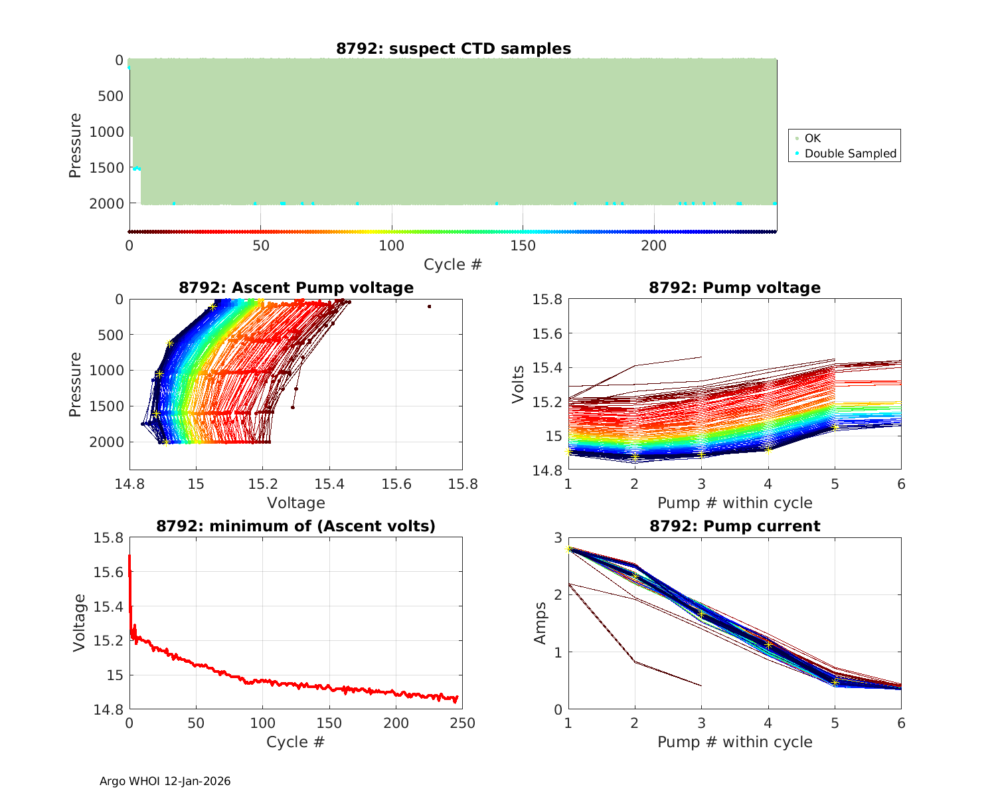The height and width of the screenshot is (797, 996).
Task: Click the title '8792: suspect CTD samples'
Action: pos(453,48)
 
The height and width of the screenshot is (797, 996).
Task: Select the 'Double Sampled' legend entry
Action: pos(850,153)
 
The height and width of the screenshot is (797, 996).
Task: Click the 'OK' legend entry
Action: pos(812,138)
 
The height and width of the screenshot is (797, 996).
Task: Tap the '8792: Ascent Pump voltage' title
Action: pos(296,288)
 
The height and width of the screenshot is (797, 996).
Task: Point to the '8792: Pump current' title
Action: pos(734,526)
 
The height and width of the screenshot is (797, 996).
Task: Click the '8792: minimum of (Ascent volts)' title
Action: pos(296,526)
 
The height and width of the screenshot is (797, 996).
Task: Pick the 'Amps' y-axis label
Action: pos(540,623)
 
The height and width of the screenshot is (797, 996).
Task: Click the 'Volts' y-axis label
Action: pos(519,385)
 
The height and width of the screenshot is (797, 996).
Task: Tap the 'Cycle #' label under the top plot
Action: pos(453,264)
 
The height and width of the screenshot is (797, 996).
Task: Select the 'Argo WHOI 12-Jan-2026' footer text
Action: pos(165,781)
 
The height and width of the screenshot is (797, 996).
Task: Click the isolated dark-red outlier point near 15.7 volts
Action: pos(430,306)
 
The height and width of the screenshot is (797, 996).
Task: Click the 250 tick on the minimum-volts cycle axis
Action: pos(463,723)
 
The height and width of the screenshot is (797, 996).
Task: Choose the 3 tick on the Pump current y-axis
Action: pos(558,538)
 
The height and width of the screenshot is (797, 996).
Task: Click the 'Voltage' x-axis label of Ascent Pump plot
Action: pos(296,503)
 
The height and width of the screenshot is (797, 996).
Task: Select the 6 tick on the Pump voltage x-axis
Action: pos(901,484)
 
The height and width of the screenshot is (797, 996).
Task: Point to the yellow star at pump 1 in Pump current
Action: pos(568,549)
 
